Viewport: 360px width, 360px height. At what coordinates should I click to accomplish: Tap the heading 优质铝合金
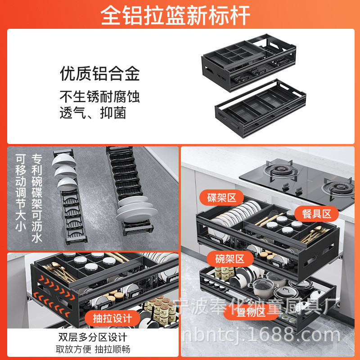tap(100, 74)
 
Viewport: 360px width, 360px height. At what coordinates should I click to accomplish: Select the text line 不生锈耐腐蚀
tap(100, 97)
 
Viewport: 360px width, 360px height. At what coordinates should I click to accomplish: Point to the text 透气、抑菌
tap(93, 112)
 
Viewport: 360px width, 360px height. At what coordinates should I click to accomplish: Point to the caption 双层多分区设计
tap(93, 337)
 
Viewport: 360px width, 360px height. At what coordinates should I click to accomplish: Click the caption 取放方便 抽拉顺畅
tap(93, 349)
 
